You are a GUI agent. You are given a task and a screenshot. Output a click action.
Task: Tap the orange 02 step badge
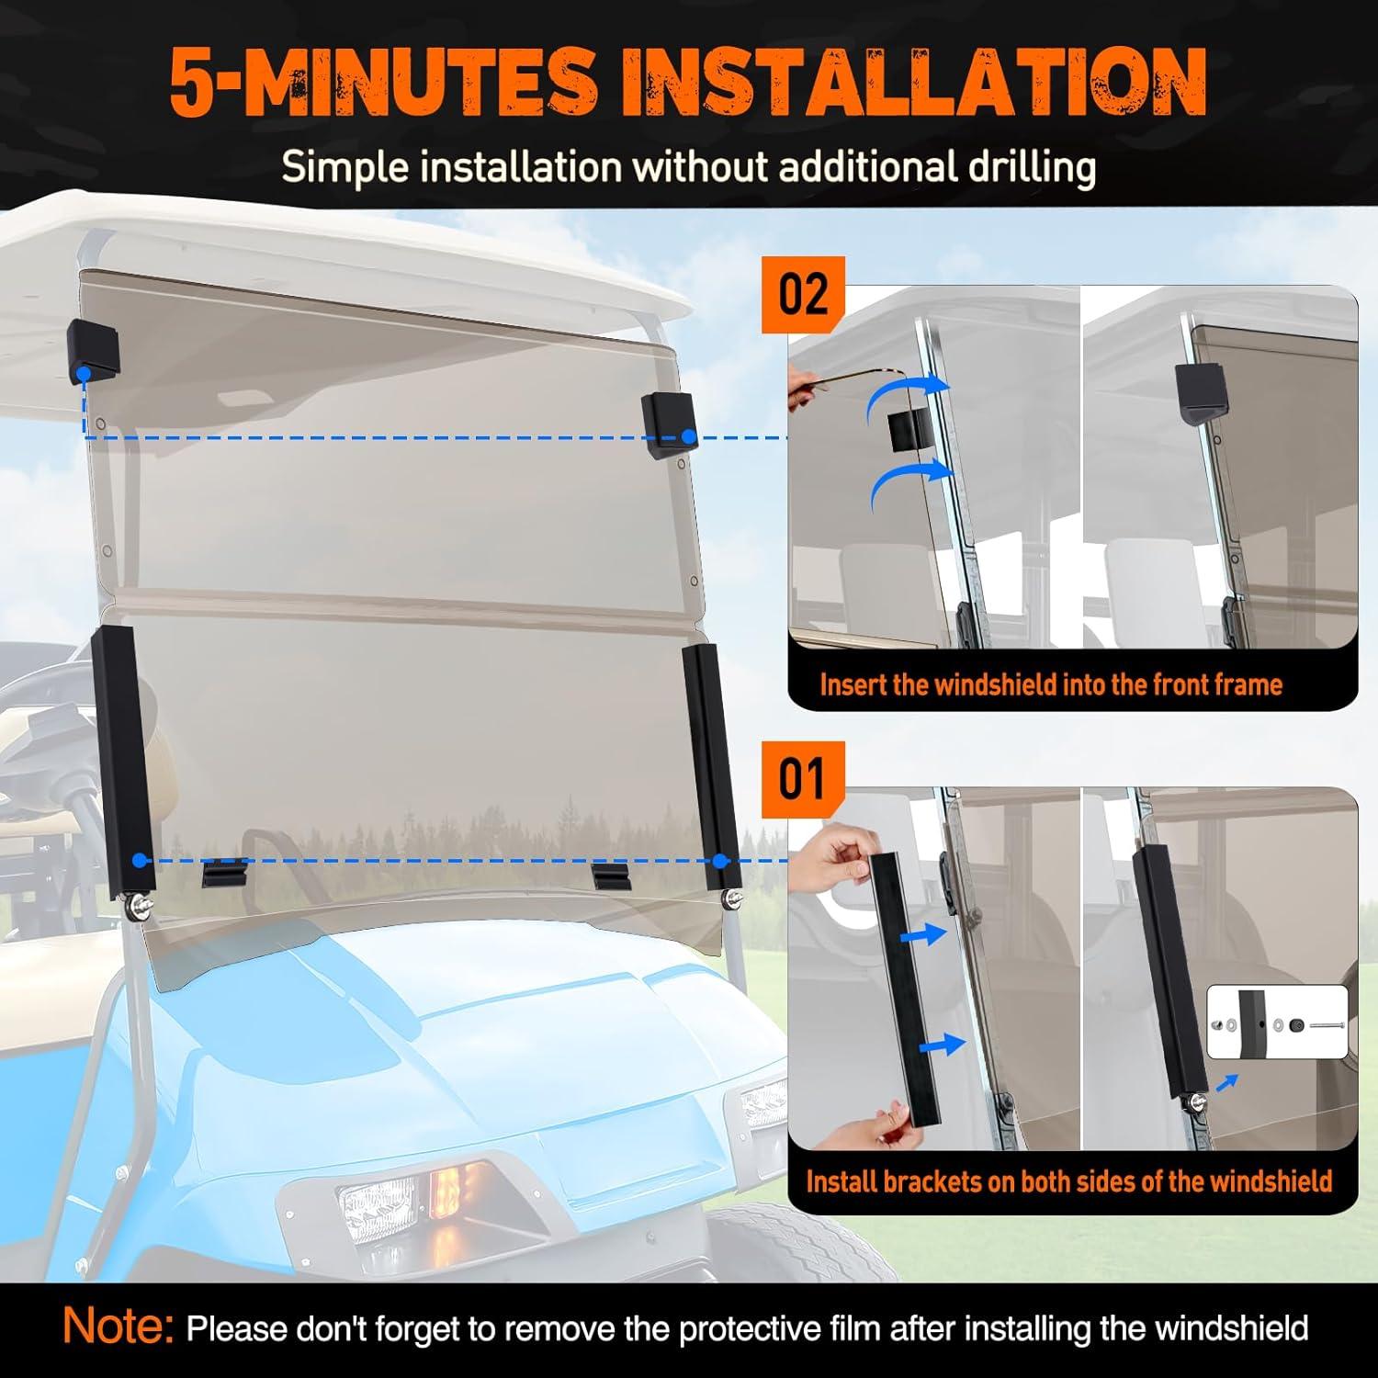point(803,294)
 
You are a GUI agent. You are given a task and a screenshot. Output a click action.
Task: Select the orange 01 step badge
point(803,779)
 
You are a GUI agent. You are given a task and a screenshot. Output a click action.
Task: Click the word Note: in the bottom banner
point(119,1326)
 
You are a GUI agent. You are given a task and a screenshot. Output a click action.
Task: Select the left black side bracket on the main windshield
point(122,762)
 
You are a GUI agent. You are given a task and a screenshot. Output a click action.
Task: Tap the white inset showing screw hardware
point(1276,1022)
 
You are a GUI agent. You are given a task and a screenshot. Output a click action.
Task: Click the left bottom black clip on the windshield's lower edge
point(225,872)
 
